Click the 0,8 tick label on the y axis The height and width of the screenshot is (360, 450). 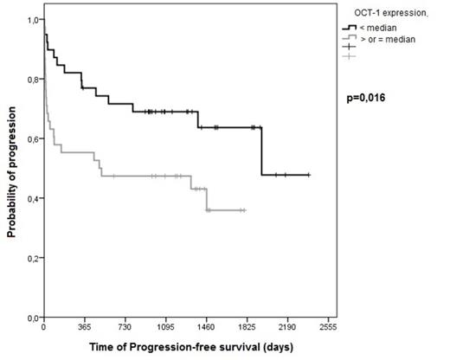(x=32, y=80)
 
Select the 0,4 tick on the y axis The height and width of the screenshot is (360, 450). (x=32, y=199)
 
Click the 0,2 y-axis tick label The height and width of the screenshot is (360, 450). (x=32, y=259)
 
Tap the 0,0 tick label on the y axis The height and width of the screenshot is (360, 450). (x=32, y=318)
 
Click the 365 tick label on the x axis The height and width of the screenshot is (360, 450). (x=84, y=329)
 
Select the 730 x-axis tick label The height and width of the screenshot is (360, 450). (x=125, y=329)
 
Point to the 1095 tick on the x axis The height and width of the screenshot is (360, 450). (x=165, y=329)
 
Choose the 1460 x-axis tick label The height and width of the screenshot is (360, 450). (x=206, y=329)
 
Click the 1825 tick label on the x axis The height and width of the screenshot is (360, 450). (x=247, y=329)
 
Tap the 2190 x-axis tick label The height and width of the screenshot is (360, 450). (x=286, y=329)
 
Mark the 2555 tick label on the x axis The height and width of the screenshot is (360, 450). (x=327, y=329)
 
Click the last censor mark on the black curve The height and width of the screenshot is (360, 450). (x=308, y=175)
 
